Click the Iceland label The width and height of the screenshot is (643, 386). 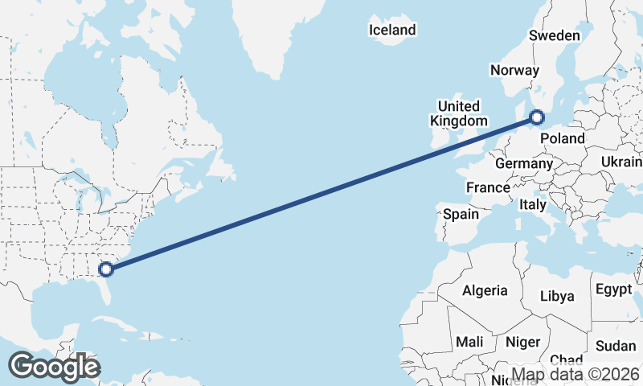coord(392,31)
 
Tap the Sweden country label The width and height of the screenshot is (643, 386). coord(554,35)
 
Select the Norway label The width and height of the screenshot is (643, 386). coord(514,71)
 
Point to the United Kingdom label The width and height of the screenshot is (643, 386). coord(459,113)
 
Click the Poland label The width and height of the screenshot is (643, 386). coord(562,138)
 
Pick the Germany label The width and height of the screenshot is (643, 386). coord(523,163)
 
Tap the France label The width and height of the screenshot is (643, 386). coord(488,187)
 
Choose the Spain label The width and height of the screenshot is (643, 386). coord(461,215)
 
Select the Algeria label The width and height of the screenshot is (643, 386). coord(485,290)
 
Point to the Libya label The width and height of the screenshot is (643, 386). coord(557,296)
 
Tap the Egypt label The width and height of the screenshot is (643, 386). coord(614,289)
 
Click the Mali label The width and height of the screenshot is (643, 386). coord(469,342)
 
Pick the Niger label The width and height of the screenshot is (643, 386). coord(522,342)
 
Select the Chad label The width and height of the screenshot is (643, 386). coord(566,360)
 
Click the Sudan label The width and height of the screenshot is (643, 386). coord(616,346)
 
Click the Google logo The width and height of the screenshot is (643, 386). coord(54,367)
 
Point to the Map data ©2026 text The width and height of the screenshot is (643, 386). coord(575,374)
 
